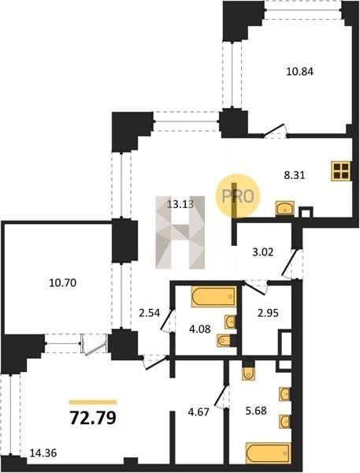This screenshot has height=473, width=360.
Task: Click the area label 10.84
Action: click(299, 72)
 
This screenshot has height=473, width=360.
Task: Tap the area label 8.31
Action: click(295, 175)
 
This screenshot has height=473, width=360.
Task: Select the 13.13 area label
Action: click(180, 204)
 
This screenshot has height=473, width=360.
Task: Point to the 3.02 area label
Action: click(263, 251)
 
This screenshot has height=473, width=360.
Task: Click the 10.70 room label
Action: click(62, 283)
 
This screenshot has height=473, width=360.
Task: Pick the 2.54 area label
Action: click(149, 314)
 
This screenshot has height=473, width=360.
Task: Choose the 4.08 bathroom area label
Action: click(199, 328)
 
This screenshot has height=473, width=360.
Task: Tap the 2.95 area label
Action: click(268, 313)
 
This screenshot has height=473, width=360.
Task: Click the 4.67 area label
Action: click(199, 412)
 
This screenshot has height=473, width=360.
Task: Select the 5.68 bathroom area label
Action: click(256, 410)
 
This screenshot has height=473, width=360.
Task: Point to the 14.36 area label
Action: click(43, 453)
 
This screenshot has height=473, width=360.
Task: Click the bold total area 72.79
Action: click(93, 418)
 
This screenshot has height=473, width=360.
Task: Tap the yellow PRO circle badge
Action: click(237, 196)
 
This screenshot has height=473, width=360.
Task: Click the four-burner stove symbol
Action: click(341, 171)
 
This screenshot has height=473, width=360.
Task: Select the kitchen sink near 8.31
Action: click(284, 208)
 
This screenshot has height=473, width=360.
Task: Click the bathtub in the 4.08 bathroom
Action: click(213, 296)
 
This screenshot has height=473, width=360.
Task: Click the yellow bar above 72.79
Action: click(93, 402)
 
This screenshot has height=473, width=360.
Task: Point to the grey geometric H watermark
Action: click(180, 233)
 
